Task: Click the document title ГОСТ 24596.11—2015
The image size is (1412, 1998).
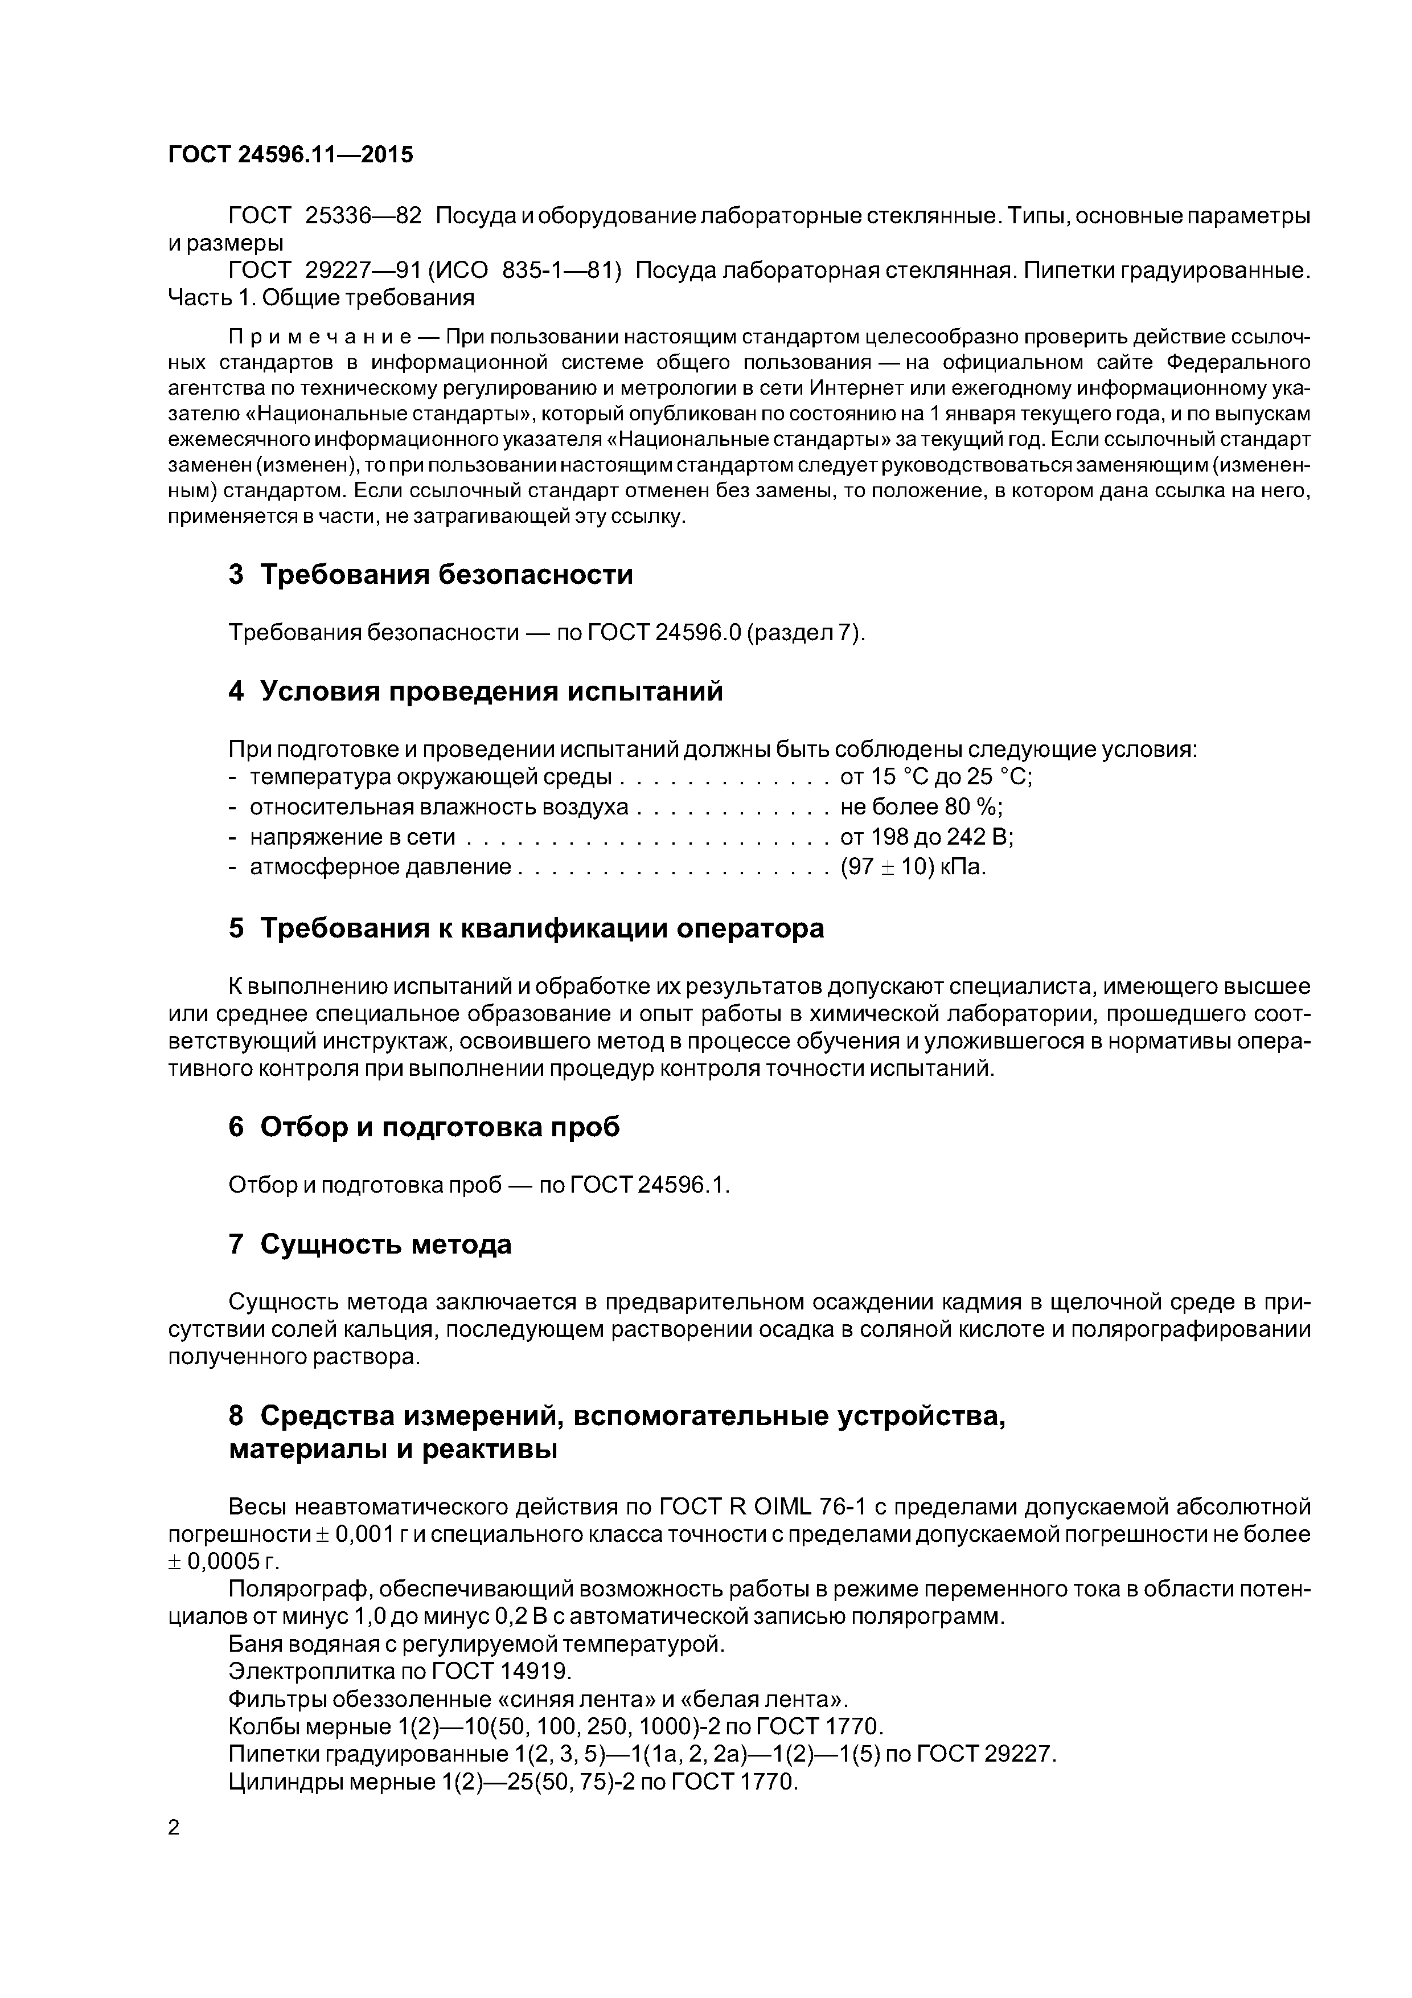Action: click(290, 155)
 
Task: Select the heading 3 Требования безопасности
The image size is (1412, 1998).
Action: click(430, 575)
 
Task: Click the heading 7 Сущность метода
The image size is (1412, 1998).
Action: click(370, 1244)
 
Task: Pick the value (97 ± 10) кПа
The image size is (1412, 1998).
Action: click(913, 867)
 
